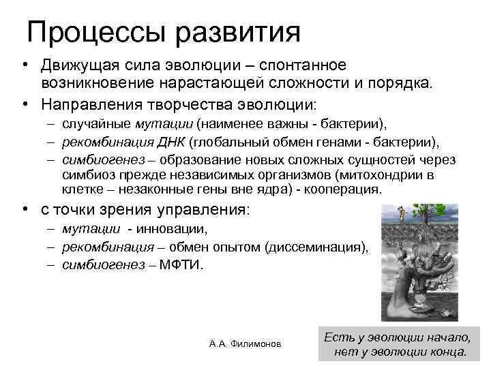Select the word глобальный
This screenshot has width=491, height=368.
pos(226,142)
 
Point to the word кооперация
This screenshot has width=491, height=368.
pos(340,189)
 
